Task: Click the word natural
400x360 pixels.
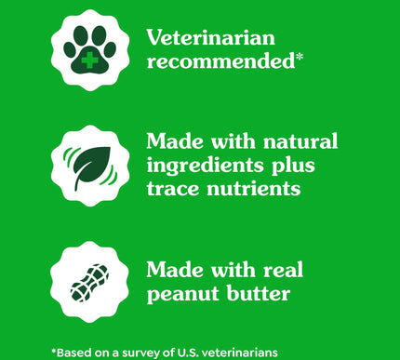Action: click(x=301, y=141)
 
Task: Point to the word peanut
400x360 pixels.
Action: click(x=180, y=295)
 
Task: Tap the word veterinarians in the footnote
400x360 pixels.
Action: click(x=260, y=351)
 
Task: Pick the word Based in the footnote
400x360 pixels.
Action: click(x=76, y=351)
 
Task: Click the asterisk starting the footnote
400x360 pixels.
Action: click(x=54, y=349)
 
